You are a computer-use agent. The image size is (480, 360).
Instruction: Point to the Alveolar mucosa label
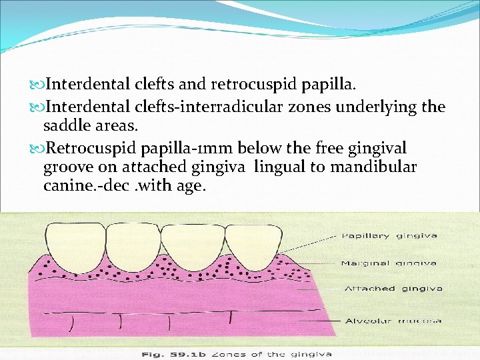click(393, 321)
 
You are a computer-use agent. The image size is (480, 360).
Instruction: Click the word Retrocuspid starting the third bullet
click(83, 147)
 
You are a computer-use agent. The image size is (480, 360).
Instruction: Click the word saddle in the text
click(65, 126)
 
